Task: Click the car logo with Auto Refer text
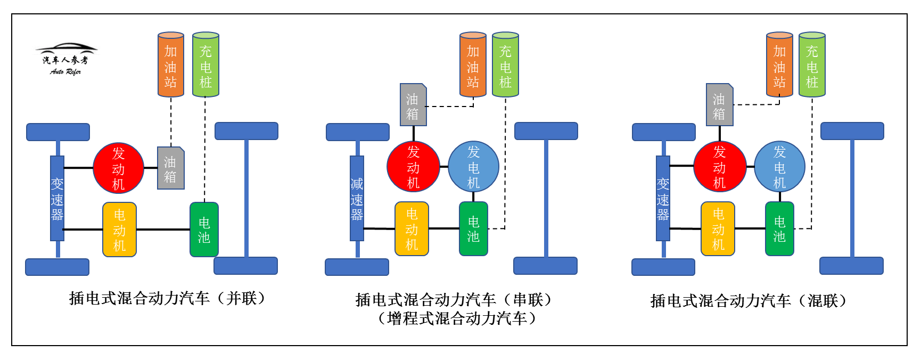point(66,59)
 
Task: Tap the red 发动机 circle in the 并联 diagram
point(118,168)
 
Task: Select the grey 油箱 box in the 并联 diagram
point(170,168)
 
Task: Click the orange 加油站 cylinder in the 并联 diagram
point(170,65)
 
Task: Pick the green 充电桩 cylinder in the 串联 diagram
point(505,65)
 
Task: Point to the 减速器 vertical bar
point(357,198)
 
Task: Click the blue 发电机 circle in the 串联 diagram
point(473,167)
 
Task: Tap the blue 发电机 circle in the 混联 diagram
point(779,167)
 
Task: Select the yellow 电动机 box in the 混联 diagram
point(718,229)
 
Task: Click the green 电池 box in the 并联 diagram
point(204,230)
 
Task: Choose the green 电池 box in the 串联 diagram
point(473,229)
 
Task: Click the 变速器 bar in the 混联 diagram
point(663,198)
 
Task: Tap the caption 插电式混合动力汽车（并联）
point(167,298)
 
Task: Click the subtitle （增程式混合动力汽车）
point(456,318)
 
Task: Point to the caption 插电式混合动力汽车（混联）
point(748,301)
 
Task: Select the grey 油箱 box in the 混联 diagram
point(719,105)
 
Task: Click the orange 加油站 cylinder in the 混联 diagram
point(779,65)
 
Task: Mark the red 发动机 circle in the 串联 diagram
point(413,167)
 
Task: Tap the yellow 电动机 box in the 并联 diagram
point(119,230)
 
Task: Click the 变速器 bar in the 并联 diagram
point(57,198)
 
